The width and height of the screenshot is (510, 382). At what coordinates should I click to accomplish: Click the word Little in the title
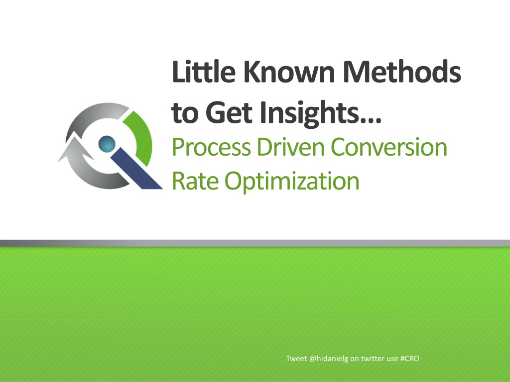tap(204, 72)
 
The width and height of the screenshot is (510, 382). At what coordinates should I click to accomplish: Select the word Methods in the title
tap(402, 72)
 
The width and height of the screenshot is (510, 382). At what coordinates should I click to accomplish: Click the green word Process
tap(211, 147)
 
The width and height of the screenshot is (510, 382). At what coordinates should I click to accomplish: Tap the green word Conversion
tap(388, 147)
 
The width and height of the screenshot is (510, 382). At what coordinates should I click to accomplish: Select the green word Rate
tap(195, 181)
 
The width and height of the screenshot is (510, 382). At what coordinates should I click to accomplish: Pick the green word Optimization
tap(292, 182)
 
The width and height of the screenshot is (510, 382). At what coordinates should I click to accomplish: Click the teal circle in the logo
tap(107, 144)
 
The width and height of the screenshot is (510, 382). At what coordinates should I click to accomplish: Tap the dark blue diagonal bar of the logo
tap(136, 168)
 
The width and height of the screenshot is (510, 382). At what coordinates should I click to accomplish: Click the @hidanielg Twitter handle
tap(329, 359)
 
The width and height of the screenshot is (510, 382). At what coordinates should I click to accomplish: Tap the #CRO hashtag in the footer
tap(410, 359)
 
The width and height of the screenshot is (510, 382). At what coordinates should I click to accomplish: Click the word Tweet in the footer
tap(296, 359)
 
